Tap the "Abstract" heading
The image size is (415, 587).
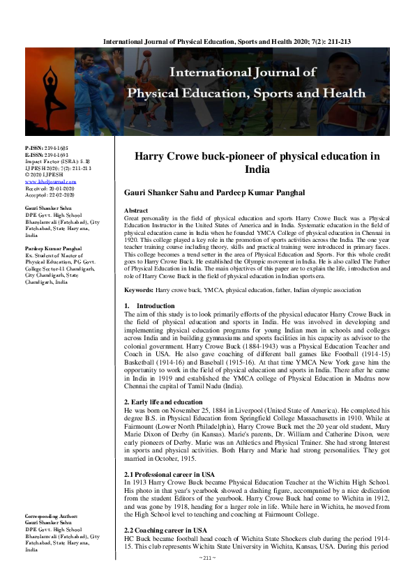coord(135,210)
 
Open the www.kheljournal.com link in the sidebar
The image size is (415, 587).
coord(45,181)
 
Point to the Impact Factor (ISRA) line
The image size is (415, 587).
coord(53,162)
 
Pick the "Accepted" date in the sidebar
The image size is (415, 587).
coord(48,193)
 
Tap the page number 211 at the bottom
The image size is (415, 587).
coord(208,577)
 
